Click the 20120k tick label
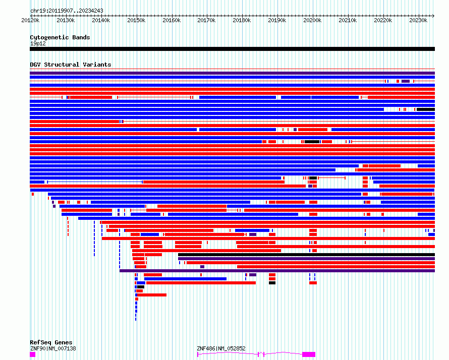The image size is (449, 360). tap(30, 20)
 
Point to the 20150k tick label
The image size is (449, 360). tap(136, 20)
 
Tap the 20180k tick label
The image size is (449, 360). tap(242, 20)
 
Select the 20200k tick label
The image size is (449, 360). tap(312, 20)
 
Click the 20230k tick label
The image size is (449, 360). tap(418, 20)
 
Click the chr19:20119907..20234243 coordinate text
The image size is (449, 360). tap(67, 11)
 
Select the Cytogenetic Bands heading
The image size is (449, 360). tap(60, 37)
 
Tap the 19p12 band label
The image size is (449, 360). tap(38, 43)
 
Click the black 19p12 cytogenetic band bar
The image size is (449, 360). tap(232, 49)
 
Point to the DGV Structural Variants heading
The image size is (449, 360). tap(71, 65)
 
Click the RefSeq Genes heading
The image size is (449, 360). tap(51, 342)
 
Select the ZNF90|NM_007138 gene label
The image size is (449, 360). tap(53, 348)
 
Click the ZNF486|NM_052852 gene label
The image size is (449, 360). tap(221, 348)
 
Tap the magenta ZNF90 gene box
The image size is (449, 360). tap(33, 354)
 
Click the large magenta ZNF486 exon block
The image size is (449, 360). tap(309, 354)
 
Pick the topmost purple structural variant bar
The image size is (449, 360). tap(232, 73)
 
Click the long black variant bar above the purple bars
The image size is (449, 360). tap(306, 255)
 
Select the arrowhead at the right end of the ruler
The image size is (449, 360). tap(433, 16)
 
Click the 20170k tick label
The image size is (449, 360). tap(206, 20)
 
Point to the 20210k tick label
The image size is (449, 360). tap(348, 20)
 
